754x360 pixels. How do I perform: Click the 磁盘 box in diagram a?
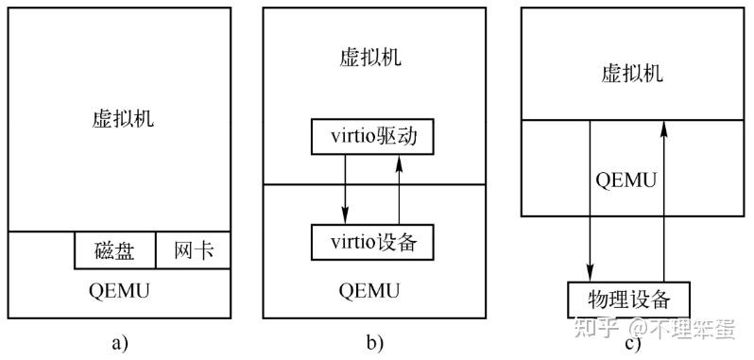tap(114, 250)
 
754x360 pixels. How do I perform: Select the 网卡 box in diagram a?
tap(193, 250)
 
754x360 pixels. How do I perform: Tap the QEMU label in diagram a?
tap(119, 290)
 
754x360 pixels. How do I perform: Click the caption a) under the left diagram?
tap(119, 342)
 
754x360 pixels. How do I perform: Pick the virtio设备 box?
tap(371, 242)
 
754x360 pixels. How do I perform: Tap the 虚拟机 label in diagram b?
tap(371, 56)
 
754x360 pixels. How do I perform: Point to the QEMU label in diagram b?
tap(371, 288)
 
